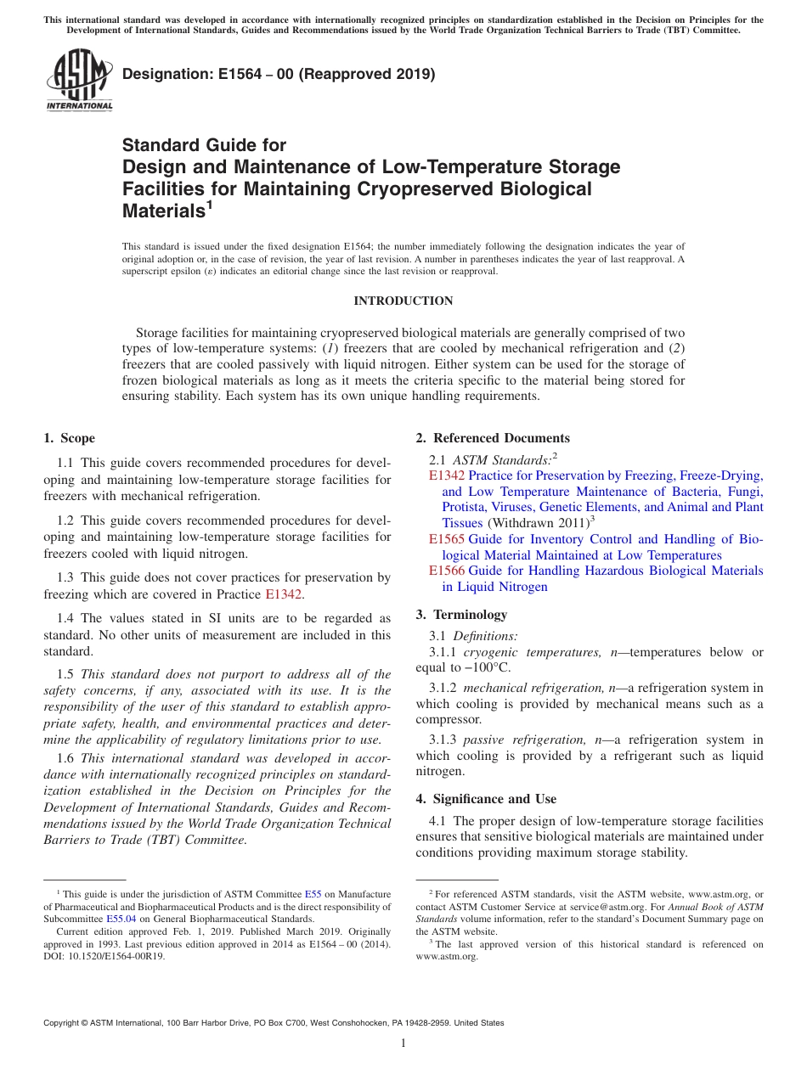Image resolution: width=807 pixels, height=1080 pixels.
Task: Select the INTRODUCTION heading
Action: pyautogui.click(x=403, y=301)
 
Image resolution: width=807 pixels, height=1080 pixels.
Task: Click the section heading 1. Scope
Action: pyautogui.click(x=69, y=438)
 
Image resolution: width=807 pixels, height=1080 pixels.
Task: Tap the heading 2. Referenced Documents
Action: pyautogui.click(x=493, y=438)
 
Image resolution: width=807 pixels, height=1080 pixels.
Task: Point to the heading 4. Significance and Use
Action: pyautogui.click(x=486, y=798)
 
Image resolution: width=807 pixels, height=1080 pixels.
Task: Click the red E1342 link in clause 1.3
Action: pyautogui.click(x=283, y=593)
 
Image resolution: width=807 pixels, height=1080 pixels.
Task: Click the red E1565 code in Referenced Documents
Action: pyautogui.click(x=446, y=539)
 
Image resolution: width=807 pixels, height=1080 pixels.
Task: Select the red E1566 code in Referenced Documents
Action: pyautogui.click(x=446, y=571)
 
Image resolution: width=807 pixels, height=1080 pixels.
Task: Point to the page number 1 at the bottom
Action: pyautogui.click(x=403, y=1043)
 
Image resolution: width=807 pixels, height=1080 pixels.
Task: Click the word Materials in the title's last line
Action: pyautogui.click(x=163, y=211)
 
